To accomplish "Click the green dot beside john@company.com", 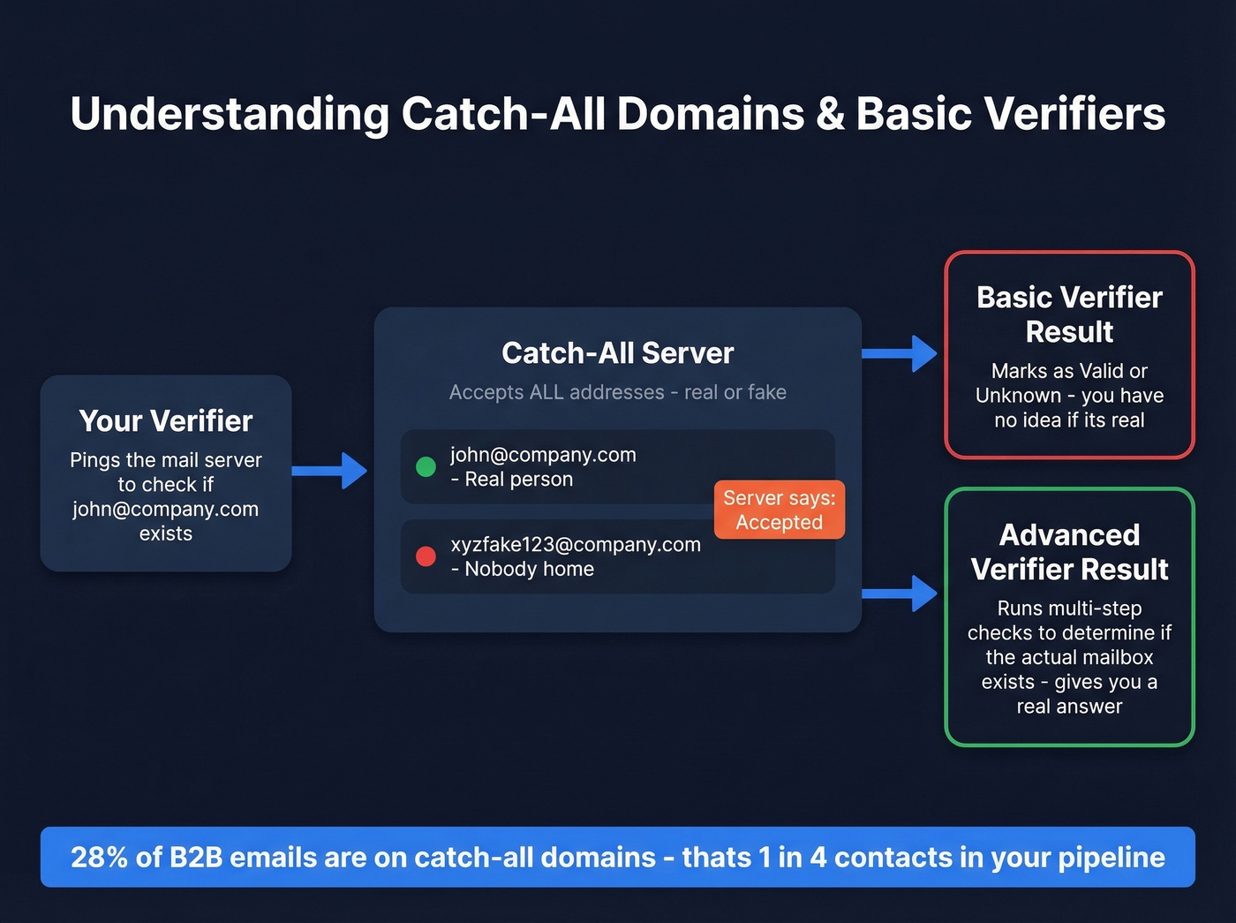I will click(x=426, y=466).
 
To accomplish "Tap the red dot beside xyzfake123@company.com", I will click(x=426, y=556).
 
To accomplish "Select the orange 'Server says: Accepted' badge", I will click(x=779, y=510).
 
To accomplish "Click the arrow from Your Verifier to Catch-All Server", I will click(x=330, y=471).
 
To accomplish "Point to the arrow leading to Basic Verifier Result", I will click(x=899, y=353).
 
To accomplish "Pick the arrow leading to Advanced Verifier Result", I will click(x=899, y=594).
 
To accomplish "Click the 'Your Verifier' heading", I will click(x=166, y=421).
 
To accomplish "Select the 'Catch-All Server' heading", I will click(x=617, y=353).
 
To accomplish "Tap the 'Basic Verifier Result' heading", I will click(x=1069, y=314).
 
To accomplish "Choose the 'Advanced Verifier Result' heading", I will click(x=1069, y=552).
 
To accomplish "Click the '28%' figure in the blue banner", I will click(x=99, y=858).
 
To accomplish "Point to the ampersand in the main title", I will click(x=830, y=115).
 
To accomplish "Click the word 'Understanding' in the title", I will click(x=230, y=115).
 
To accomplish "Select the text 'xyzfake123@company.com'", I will click(x=576, y=545).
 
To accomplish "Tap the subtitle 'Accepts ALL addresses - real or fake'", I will click(x=617, y=392).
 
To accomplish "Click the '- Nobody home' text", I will click(x=523, y=570).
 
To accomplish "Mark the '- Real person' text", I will click(x=512, y=480).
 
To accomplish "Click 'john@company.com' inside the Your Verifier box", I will click(x=166, y=510).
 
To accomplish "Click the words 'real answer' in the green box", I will click(x=1069, y=707).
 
